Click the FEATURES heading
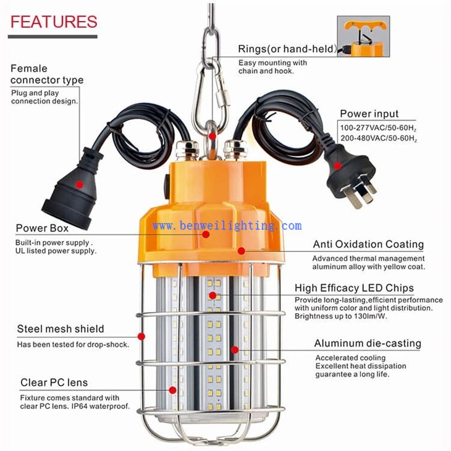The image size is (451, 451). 54,22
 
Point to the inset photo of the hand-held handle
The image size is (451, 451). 363,36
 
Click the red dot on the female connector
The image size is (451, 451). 80,185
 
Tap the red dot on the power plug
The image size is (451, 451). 338,166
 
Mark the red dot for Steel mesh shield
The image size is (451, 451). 141,336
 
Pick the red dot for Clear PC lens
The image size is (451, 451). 172,390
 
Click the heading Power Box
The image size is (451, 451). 42,228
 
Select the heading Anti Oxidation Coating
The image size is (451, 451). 368,244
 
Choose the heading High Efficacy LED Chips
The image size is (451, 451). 354,288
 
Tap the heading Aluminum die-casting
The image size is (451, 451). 368,343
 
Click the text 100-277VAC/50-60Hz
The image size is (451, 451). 379,129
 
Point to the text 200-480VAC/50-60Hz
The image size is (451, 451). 379,138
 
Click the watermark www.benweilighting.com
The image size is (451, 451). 227,225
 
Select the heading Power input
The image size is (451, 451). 369,114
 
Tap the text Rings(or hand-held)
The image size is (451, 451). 287,49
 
